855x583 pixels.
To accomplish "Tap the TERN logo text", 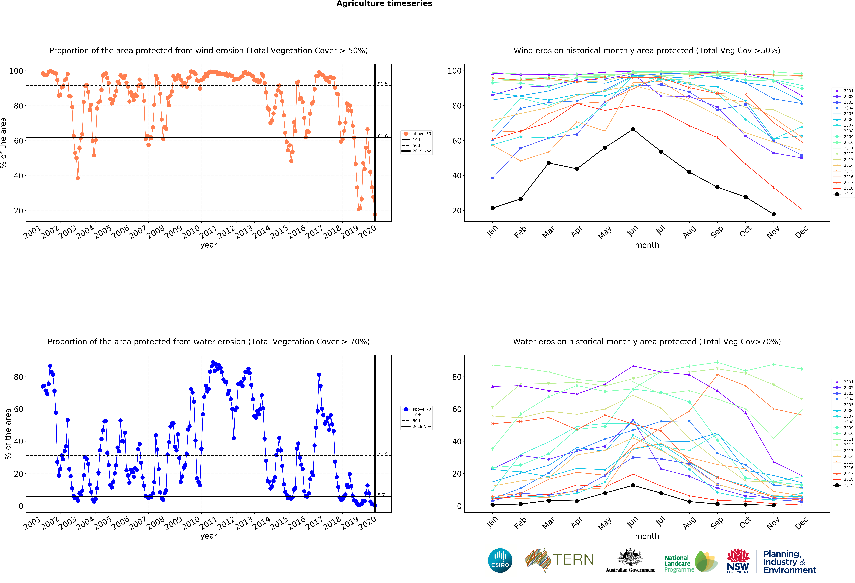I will pos(573,559).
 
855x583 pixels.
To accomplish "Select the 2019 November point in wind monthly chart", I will pos(773,214).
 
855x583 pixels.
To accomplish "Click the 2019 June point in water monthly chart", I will pos(633,485).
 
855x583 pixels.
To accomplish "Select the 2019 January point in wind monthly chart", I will pos(493,208).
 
